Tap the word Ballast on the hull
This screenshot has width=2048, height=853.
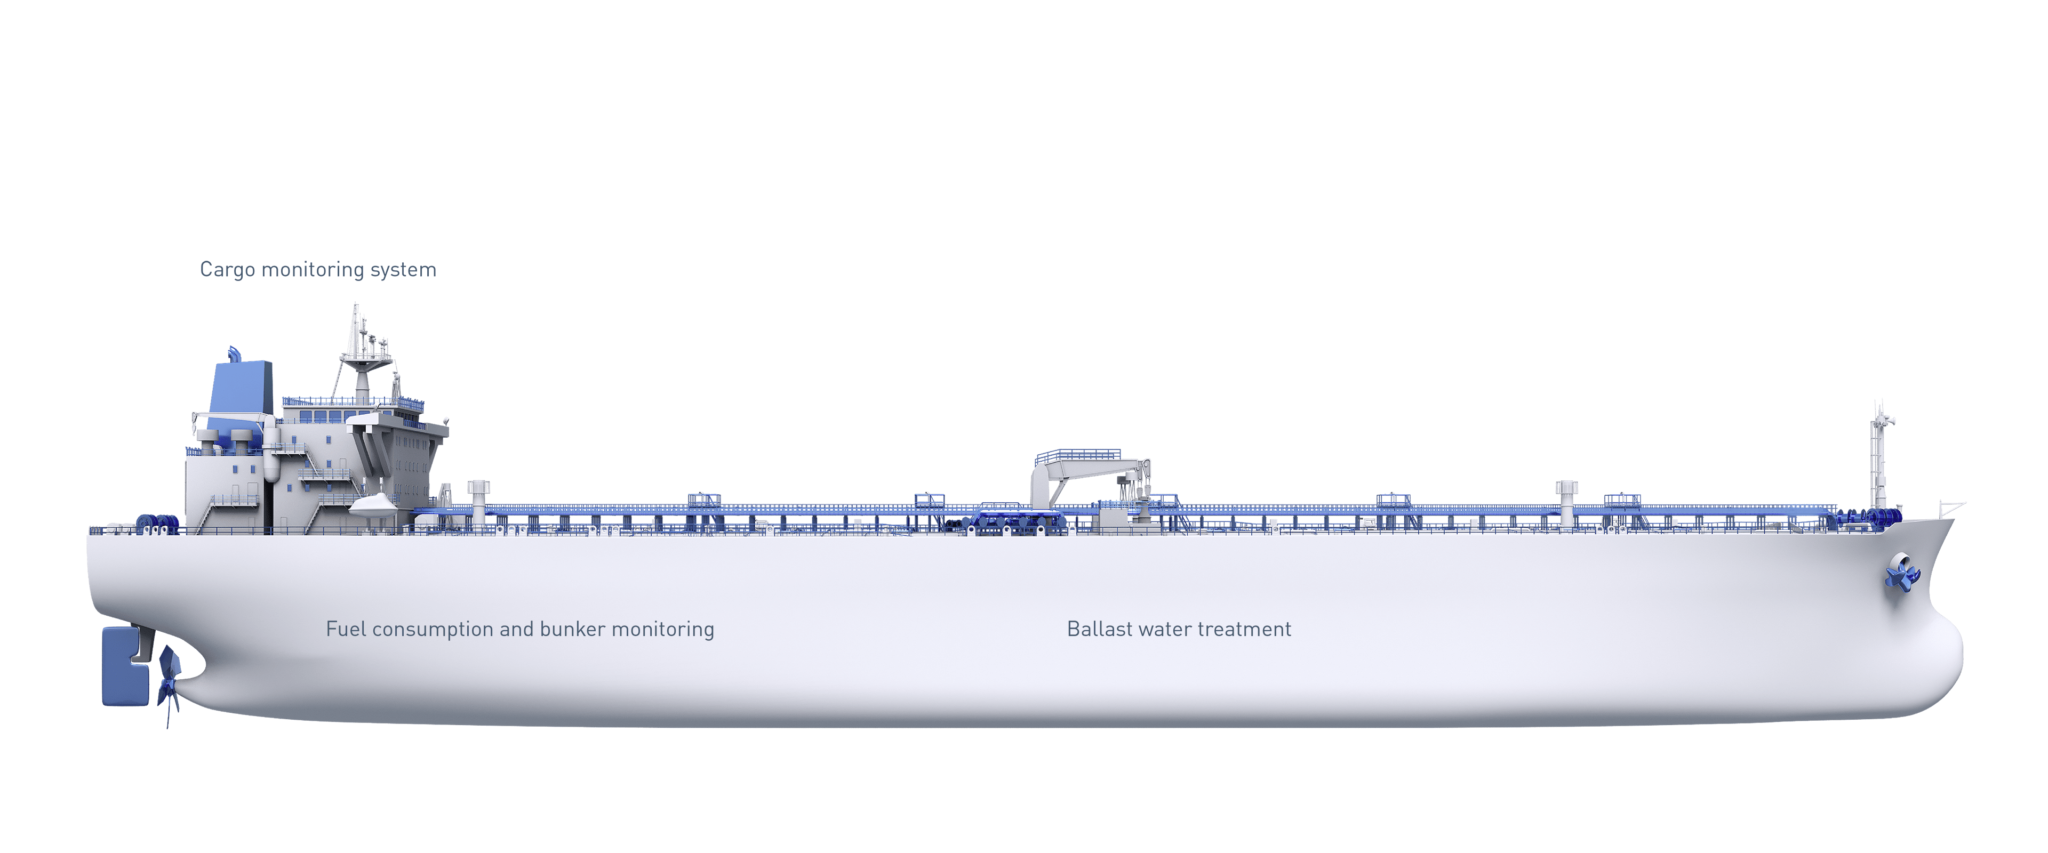pos(1100,629)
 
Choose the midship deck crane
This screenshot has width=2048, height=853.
pos(1090,479)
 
